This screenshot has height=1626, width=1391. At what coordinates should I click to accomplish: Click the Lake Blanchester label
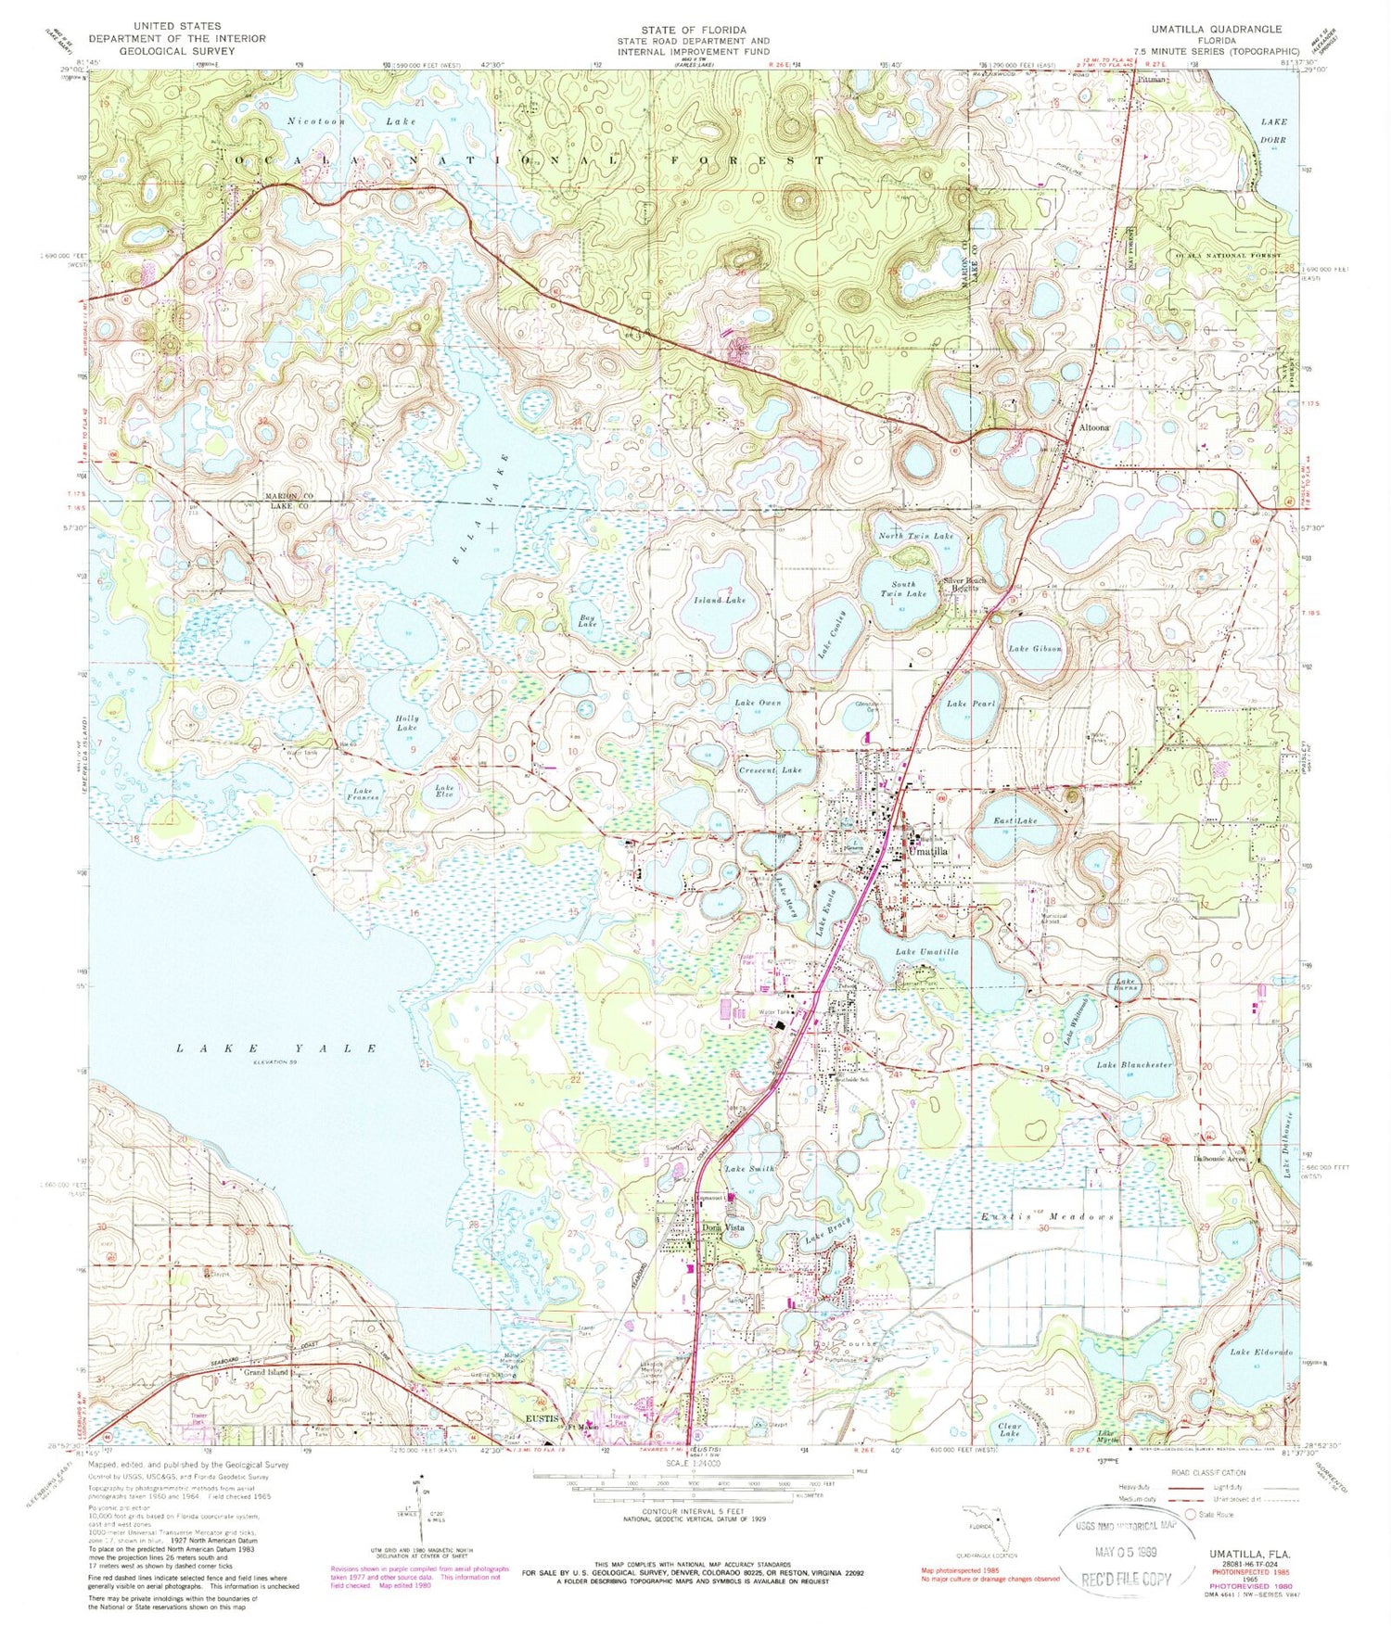click(x=1135, y=1065)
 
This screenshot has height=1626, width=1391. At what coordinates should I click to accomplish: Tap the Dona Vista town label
click(x=724, y=1227)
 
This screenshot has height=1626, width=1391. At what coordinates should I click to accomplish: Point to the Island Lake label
click(x=721, y=600)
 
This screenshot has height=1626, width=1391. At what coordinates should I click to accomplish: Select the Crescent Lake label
click(x=771, y=770)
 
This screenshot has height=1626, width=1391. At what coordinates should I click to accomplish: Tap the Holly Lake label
click(x=406, y=723)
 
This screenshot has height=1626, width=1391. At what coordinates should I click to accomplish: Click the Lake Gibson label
click(x=1035, y=648)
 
